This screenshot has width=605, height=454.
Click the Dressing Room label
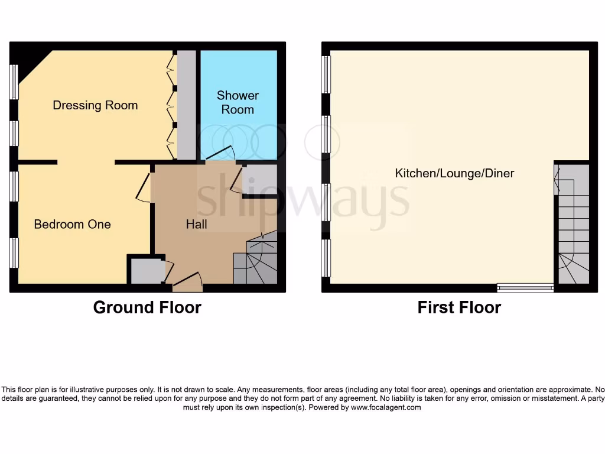pos(95,105)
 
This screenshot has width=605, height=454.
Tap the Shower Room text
pos(238,102)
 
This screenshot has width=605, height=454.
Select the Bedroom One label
pos(72,224)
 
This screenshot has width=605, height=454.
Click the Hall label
pos(196,224)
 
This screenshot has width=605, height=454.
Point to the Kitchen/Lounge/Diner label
pos(454,173)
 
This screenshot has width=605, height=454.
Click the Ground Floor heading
pos(147,307)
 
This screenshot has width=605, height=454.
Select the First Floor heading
pos(459,307)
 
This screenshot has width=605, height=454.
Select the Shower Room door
pos(220,153)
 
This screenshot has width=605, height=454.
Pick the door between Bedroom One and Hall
pos(144,188)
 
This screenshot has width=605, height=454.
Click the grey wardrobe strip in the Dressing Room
pos(186,105)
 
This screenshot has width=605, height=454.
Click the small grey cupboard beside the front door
pos(145,271)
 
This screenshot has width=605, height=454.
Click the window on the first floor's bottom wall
pos(525,288)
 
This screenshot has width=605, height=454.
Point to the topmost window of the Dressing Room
pos(14,82)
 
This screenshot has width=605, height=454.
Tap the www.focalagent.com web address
pos(386,407)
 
